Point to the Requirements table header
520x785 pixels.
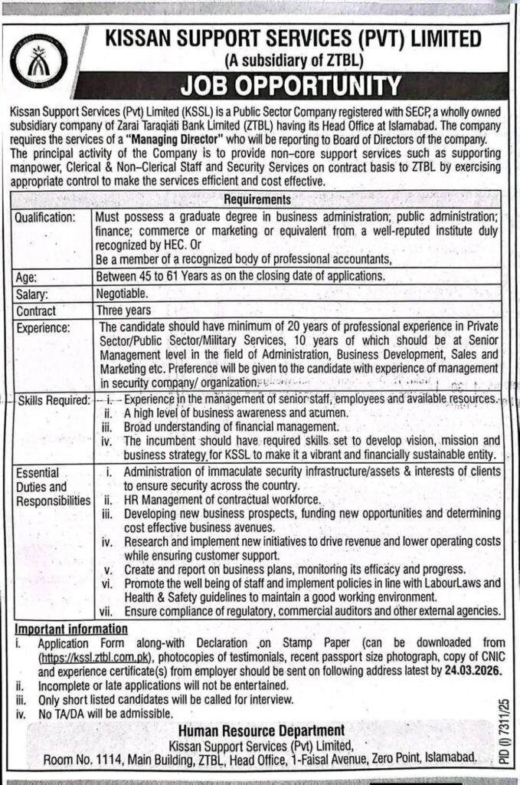(x=258, y=197)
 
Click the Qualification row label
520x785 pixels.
(x=46, y=218)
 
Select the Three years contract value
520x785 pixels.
(x=123, y=310)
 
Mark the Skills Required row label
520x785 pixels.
(x=51, y=400)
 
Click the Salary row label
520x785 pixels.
(x=31, y=294)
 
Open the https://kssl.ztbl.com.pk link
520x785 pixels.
(x=89, y=657)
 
